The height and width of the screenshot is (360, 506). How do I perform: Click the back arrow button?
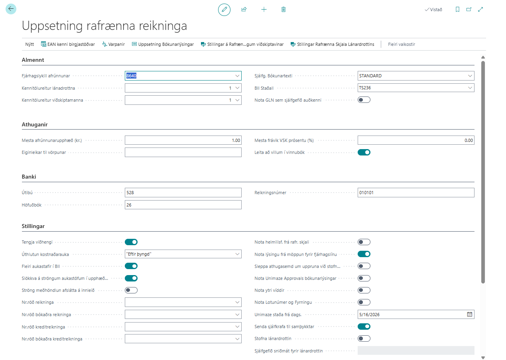point(11,9)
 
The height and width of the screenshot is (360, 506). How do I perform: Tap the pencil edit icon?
point(224,10)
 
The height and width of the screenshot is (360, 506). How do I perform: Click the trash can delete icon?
point(284,10)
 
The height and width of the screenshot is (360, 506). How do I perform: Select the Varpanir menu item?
point(113,44)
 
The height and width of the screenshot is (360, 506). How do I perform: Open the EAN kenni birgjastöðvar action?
point(68,44)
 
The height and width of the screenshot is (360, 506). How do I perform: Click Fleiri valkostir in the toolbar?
point(402,44)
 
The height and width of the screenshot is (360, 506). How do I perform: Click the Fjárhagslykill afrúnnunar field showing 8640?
point(183,76)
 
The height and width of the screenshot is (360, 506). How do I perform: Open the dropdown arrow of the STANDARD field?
point(470,76)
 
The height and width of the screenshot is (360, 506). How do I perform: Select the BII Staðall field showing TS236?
point(416,88)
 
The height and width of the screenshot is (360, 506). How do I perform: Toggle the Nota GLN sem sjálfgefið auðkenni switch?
point(364,100)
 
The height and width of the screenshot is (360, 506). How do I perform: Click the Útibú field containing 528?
point(183,193)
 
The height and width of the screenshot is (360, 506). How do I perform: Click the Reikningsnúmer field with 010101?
point(416,193)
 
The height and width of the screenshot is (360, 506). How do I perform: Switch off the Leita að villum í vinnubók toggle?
point(364,152)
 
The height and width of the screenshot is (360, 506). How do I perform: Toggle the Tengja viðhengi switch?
point(131,242)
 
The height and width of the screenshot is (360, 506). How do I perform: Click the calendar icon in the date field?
point(470,315)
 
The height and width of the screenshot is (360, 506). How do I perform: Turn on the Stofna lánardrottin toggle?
point(364,338)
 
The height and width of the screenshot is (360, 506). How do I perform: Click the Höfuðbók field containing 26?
point(183,205)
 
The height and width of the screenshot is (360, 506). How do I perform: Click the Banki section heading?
point(29,177)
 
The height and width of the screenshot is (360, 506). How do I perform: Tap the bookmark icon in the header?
point(457,10)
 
